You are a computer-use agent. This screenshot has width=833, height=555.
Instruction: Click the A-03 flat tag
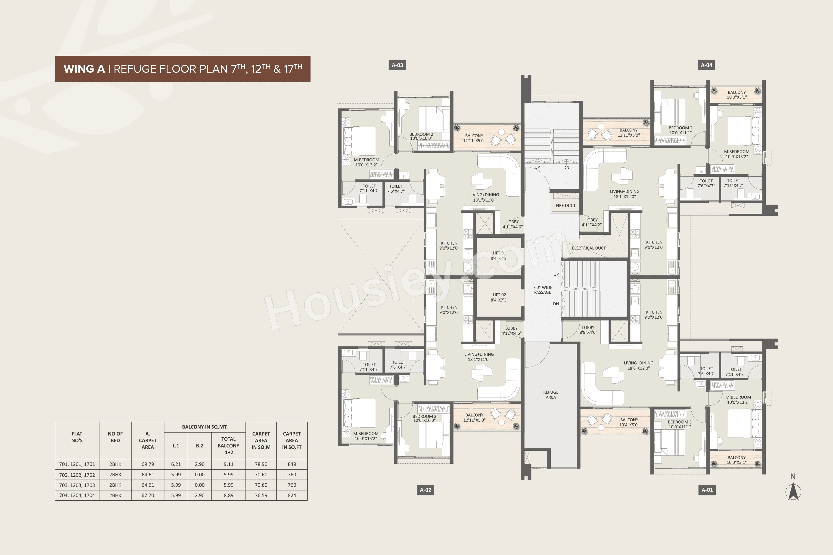click(x=397, y=65)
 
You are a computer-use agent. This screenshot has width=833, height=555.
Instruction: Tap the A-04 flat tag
click(x=706, y=65)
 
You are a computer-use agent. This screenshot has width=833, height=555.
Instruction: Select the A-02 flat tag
click(x=425, y=490)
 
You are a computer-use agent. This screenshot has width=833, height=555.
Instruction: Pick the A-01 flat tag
click(x=707, y=490)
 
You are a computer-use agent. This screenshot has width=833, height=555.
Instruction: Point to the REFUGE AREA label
click(x=550, y=395)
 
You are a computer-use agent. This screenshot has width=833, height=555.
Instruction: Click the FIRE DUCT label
click(x=565, y=206)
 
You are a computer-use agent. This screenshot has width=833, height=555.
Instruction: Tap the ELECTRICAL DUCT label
click(x=589, y=248)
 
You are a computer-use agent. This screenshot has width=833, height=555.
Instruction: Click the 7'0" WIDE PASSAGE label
click(x=542, y=290)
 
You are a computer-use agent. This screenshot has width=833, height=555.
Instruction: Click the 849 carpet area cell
click(x=292, y=464)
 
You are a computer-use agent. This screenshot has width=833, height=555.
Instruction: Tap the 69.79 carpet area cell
click(x=148, y=464)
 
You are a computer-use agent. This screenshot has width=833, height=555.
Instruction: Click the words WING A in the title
click(x=84, y=69)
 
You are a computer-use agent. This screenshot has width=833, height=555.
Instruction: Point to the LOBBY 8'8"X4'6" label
click(x=588, y=330)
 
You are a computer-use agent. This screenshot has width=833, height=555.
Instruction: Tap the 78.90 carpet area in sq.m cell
click(x=261, y=464)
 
